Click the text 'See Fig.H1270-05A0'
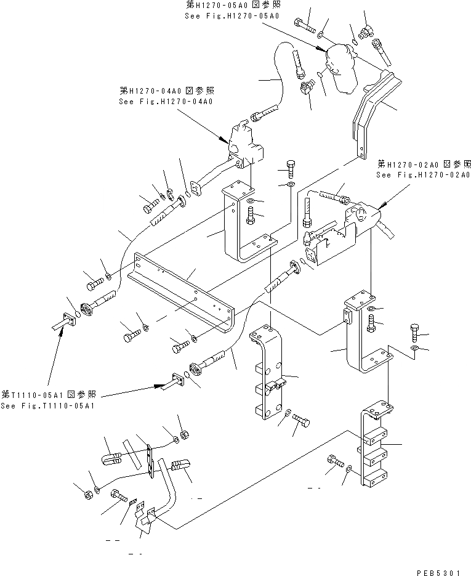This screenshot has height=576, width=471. [225, 15]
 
